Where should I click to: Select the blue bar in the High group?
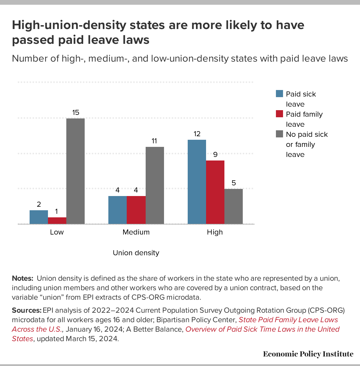[197, 182]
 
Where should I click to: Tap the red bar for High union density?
[215, 192]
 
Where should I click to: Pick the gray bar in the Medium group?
[155, 185]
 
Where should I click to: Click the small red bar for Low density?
[57, 221]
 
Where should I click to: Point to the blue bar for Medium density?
[118, 210]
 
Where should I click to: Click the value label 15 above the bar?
[76, 113]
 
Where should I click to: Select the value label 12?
[197, 134]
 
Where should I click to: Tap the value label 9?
[215, 155]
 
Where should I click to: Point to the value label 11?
[154, 141]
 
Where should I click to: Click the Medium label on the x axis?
[136, 232]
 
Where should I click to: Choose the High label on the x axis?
[215, 232]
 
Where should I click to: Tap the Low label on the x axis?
[57, 232]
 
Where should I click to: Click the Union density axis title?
[136, 253]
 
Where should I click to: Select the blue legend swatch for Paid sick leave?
[279, 94]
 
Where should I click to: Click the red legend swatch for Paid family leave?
[279, 114]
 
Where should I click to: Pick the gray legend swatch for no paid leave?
[279, 134]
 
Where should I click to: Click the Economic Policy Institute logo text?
[308, 354]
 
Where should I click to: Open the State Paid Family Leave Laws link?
[288, 320]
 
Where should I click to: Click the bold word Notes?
[22, 278]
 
